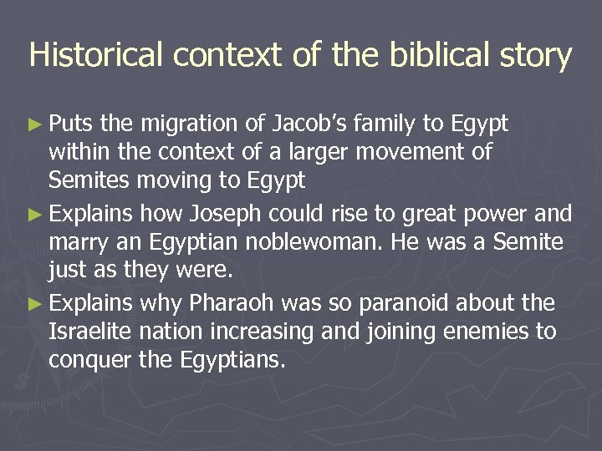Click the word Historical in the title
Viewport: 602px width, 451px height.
tap(94, 55)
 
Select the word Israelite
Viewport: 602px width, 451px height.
tap(89, 332)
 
